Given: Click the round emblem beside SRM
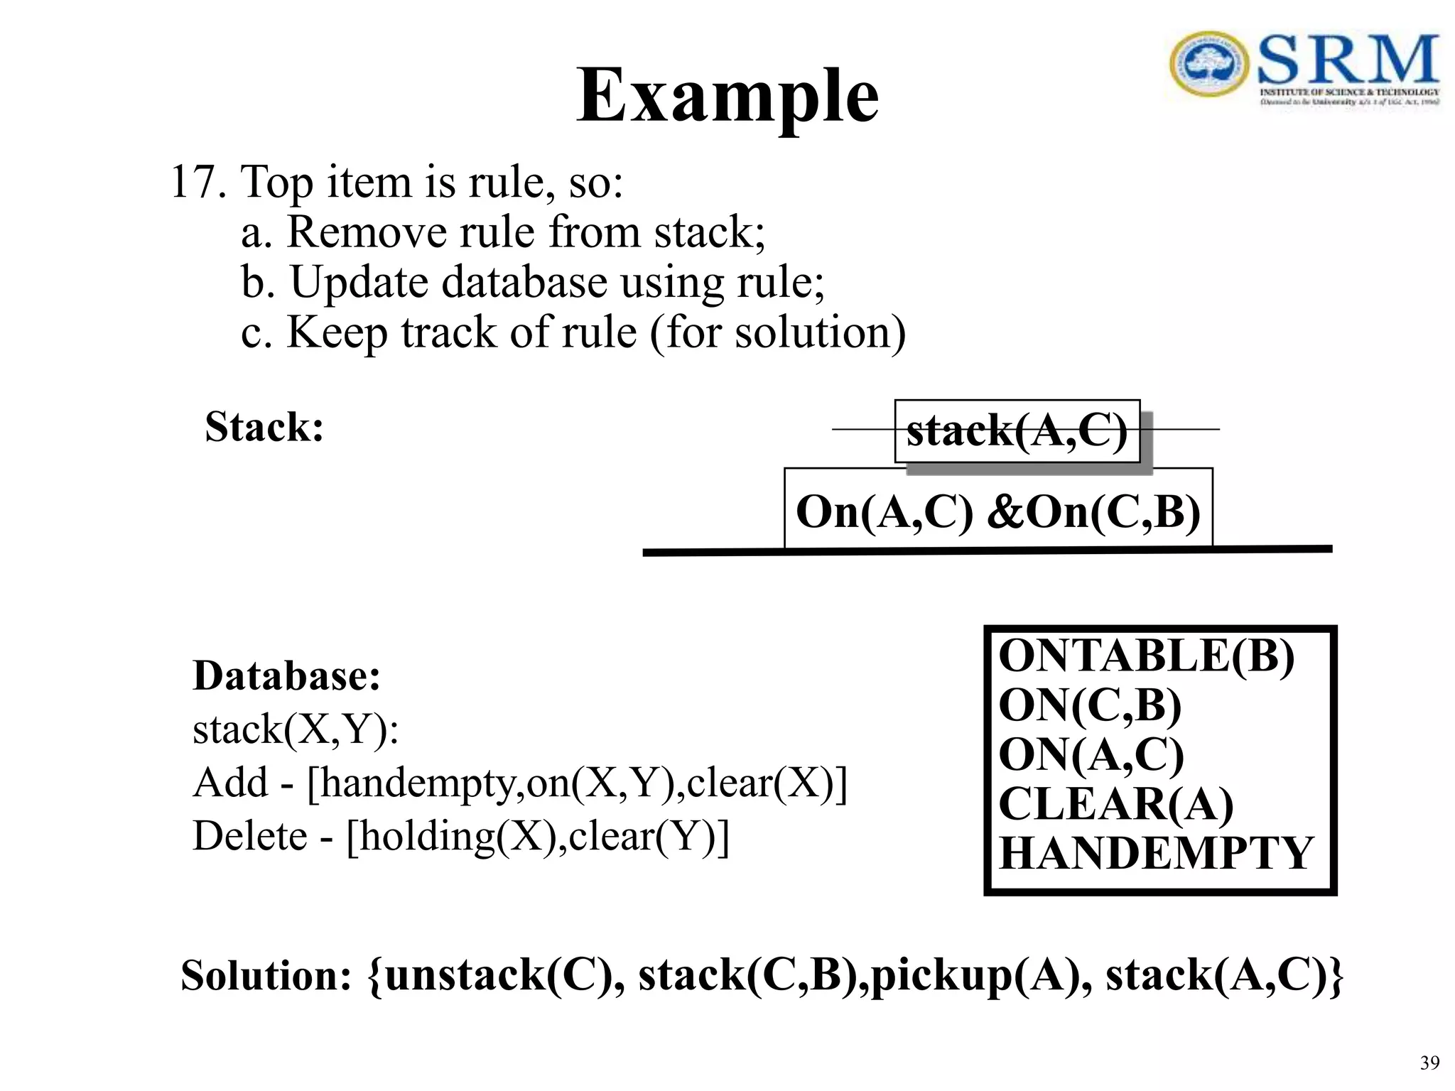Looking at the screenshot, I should pos(1208,63).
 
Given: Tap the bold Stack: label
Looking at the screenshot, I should pos(264,427).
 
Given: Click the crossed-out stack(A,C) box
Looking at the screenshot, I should pos(1017,431).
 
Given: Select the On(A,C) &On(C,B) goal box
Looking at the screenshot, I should pos(997,510).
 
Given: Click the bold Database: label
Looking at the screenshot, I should pos(286,675).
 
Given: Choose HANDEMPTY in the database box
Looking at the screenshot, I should pos(1156,853).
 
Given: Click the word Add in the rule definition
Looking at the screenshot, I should pos(230,783).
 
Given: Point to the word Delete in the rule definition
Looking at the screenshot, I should pos(249,836).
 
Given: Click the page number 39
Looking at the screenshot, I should pos(1429,1063).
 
